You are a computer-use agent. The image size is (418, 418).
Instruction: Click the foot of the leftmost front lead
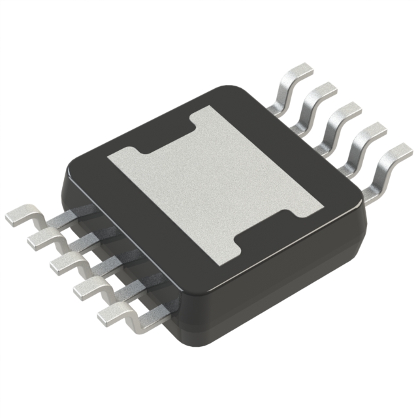tap(22, 215)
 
